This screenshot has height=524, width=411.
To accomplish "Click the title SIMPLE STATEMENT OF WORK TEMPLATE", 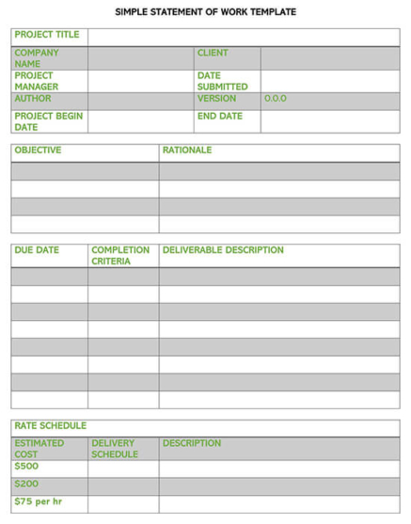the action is click(x=205, y=12).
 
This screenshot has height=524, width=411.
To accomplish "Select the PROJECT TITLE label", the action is click(x=47, y=35).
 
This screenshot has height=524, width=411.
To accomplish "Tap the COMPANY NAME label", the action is click(x=37, y=58).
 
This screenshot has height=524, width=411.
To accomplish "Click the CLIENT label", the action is click(x=213, y=53).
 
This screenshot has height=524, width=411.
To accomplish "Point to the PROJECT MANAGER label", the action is click(x=37, y=81).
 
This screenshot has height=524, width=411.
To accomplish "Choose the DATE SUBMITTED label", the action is click(x=222, y=81).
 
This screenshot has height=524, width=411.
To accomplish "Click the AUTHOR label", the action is click(x=33, y=99).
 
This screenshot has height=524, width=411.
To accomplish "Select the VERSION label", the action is click(x=216, y=99).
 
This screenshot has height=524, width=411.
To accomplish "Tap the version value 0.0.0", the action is click(x=276, y=99).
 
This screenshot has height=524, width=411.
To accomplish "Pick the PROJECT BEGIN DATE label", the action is click(x=48, y=121).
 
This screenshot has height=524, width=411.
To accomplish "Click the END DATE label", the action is click(x=220, y=117).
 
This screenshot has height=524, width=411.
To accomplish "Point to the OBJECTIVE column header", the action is click(x=38, y=151).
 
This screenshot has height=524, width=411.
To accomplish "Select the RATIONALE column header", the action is click(x=187, y=151).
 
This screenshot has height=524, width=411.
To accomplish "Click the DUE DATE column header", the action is click(x=37, y=251).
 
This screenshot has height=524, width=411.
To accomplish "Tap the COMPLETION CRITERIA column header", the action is click(x=119, y=256).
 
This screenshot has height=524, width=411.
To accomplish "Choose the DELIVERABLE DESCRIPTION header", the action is click(x=223, y=251).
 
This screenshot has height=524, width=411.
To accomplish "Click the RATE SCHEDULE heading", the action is click(x=50, y=426).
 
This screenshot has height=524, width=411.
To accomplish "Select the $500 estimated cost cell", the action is click(x=26, y=467).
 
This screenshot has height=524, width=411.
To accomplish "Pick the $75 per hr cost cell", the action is click(x=39, y=501).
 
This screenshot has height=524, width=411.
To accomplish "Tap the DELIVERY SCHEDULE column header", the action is click(x=115, y=449).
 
